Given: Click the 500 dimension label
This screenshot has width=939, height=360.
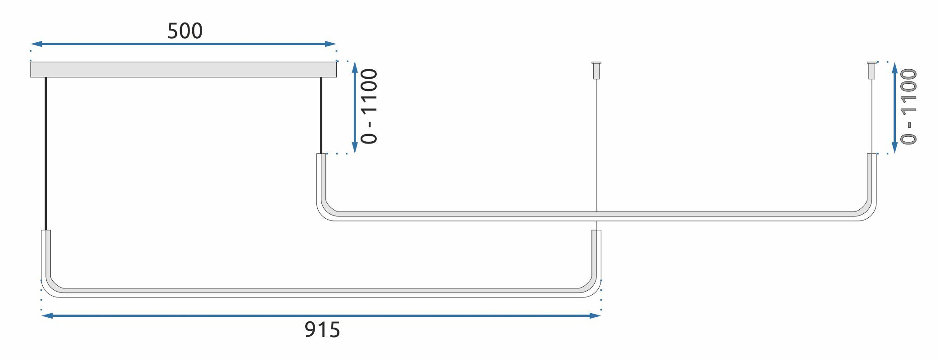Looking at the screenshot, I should (x=185, y=31).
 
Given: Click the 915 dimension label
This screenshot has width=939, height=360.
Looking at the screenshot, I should (x=322, y=330).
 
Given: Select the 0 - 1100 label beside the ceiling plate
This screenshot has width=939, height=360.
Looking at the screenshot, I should (x=370, y=106).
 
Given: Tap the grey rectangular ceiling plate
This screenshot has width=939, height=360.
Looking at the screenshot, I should (x=183, y=70).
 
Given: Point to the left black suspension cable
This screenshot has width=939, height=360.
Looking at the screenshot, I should (x=45, y=153).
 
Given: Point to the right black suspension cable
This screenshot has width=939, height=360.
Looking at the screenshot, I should (x=321, y=115).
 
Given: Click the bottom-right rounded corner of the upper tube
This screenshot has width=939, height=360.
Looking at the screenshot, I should (x=868, y=211).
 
